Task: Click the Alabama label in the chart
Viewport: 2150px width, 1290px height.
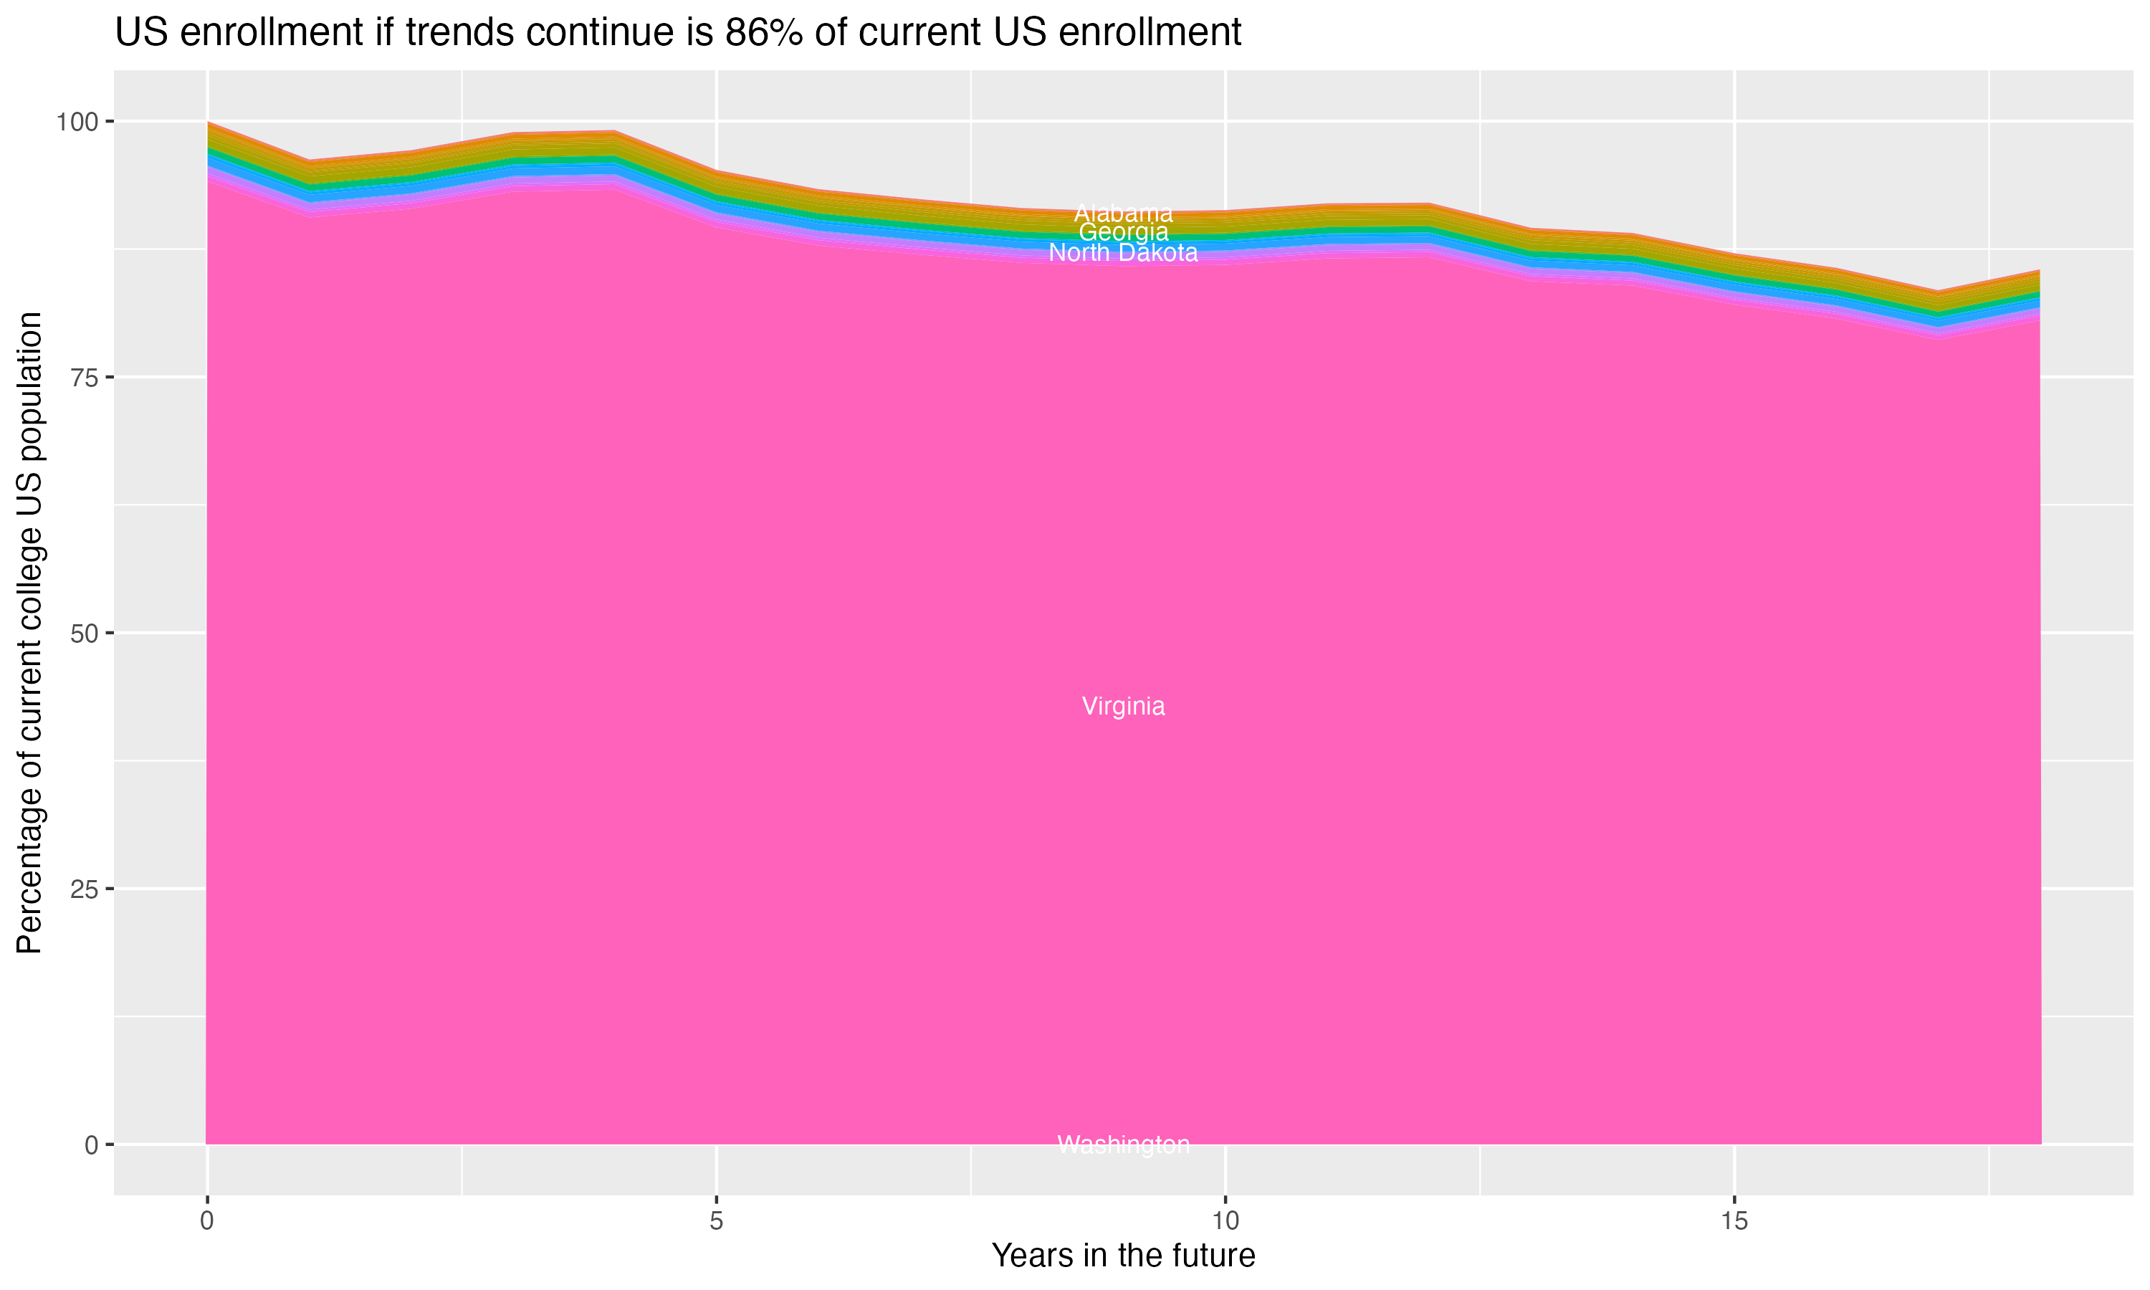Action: [1123, 213]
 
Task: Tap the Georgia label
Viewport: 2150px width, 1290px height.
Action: [1123, 233]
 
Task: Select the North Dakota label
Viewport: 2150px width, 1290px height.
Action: [1123, 253]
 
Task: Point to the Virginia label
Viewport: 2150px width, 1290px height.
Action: [1123, 707]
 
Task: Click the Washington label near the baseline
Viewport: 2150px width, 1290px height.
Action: [1123, 1145]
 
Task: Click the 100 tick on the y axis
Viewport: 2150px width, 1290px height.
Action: [77, 122]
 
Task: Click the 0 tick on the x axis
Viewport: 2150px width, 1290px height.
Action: [207, 1221]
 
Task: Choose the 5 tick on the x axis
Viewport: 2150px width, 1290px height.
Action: [716, 1221]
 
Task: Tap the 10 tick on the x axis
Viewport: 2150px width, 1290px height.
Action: [1225, 1221]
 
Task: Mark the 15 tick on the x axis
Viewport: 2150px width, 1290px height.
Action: [1734, 1221]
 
